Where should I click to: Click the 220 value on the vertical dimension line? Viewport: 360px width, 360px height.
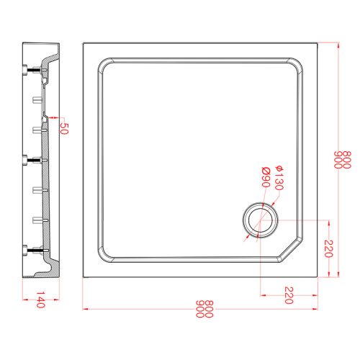coord(328,248)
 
